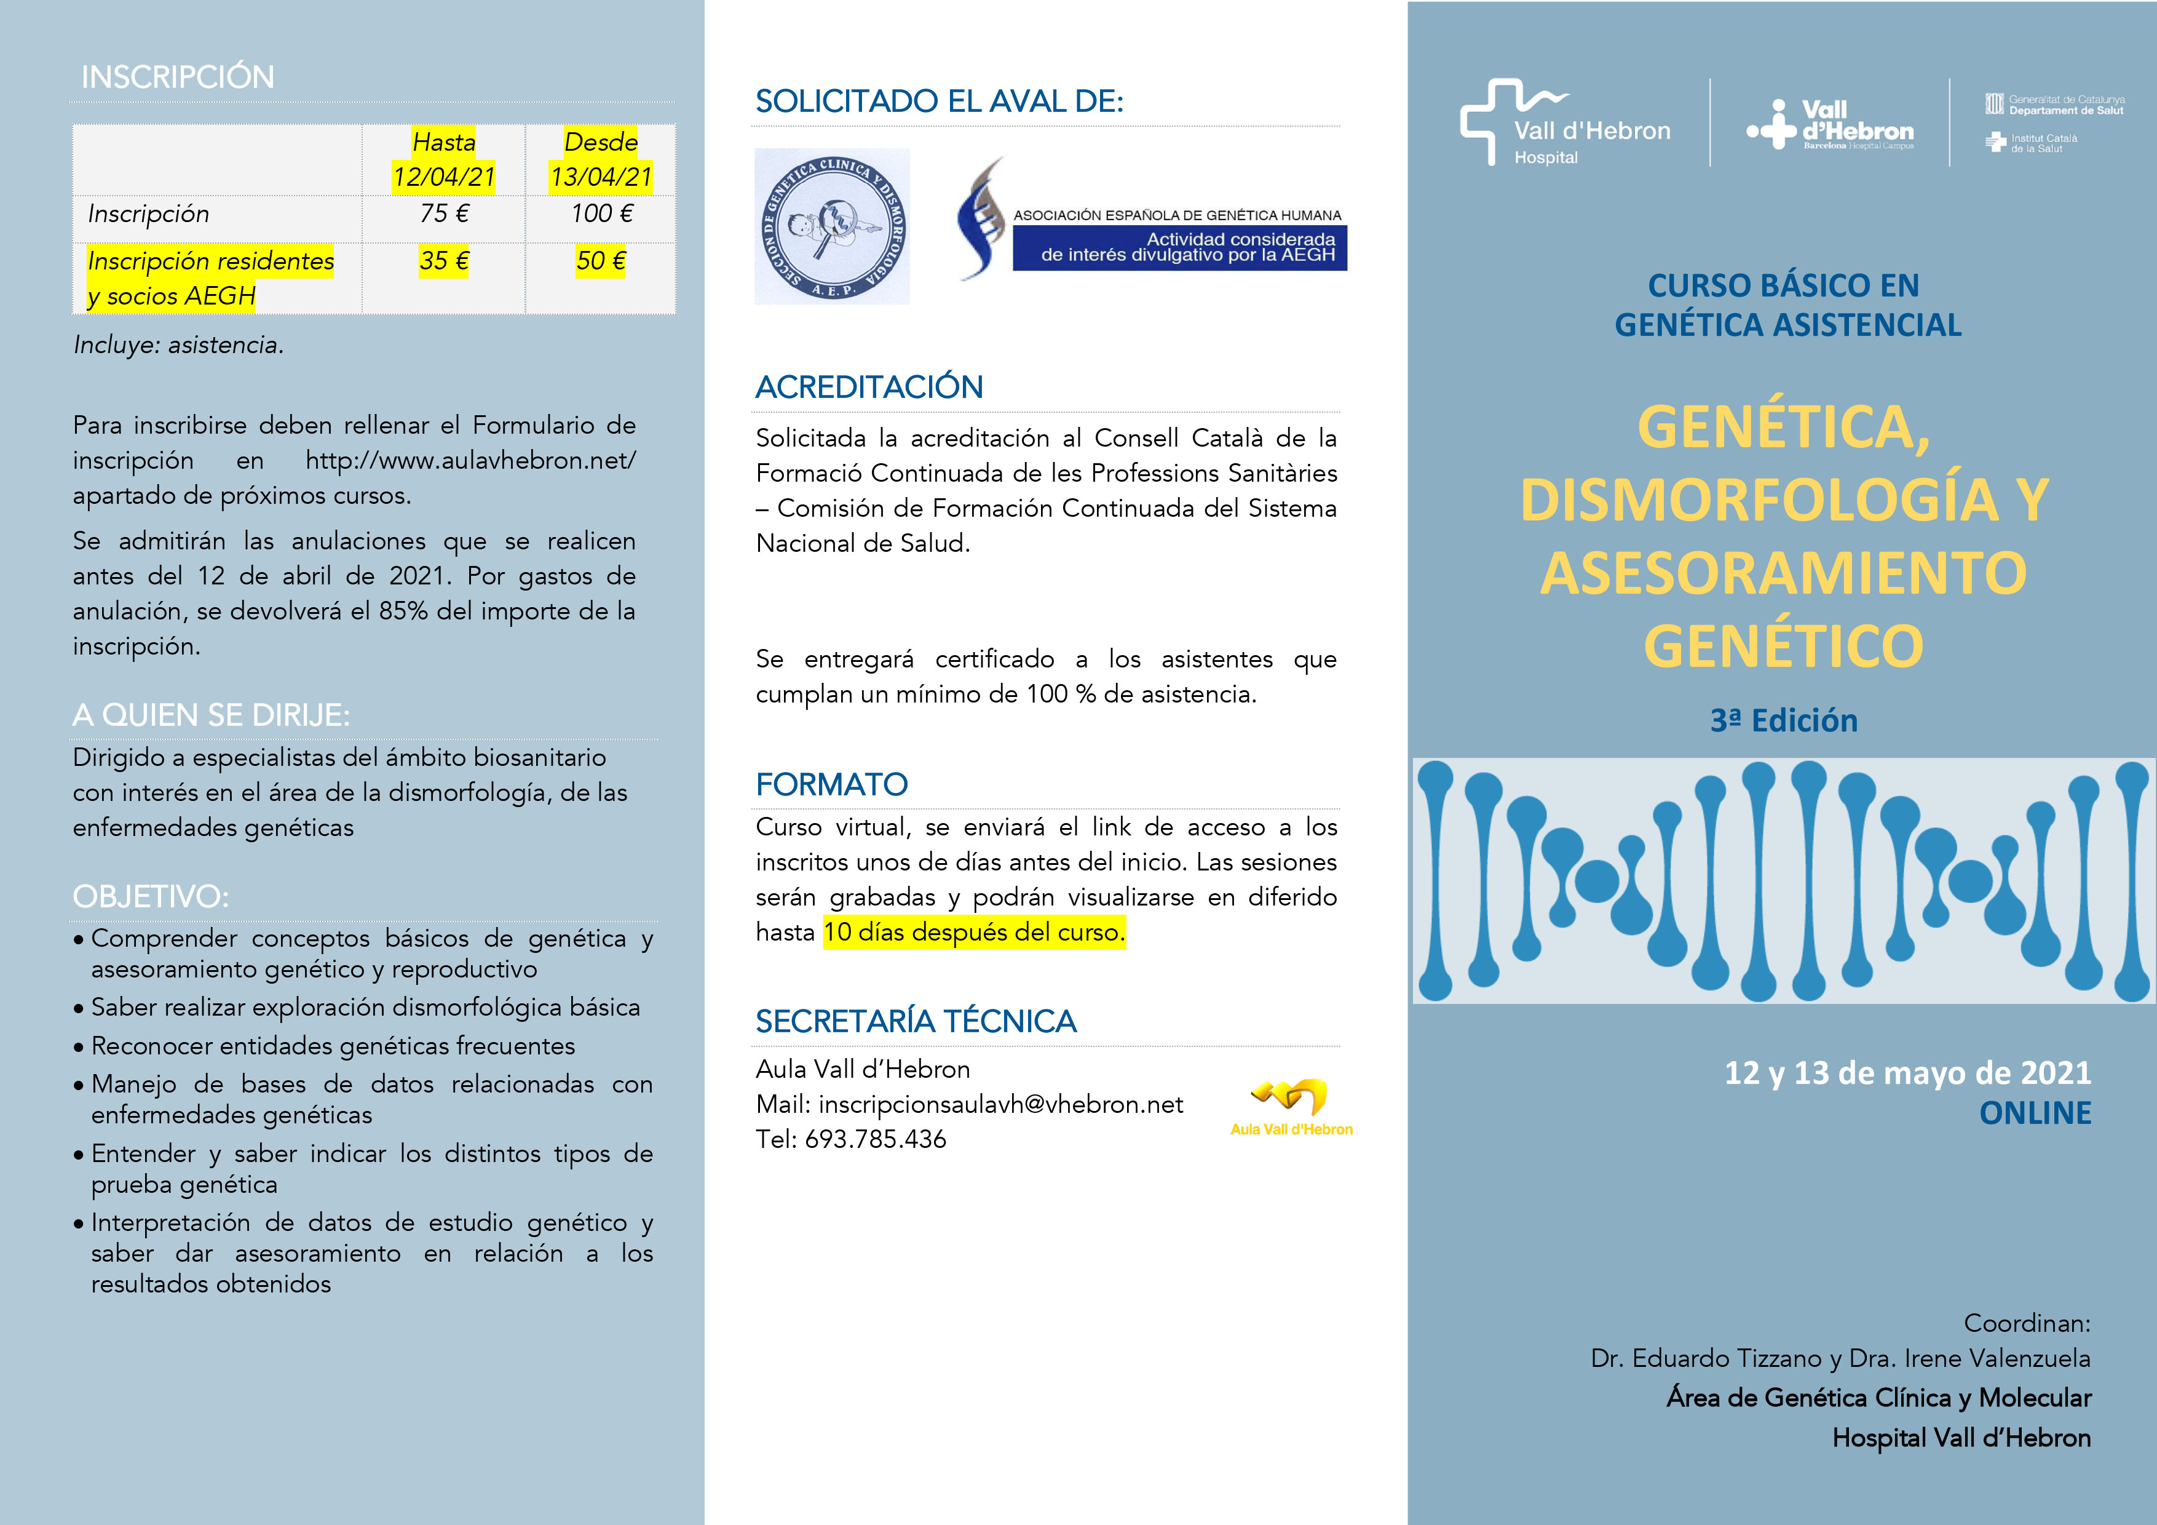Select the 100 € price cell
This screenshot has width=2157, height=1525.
coord(601,214)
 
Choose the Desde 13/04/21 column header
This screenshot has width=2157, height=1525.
coord(601,159)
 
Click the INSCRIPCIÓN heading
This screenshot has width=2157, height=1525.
coord(178,77)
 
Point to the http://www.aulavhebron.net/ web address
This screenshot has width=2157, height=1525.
coord(470,460)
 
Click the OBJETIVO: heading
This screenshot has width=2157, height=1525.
coord(150,896)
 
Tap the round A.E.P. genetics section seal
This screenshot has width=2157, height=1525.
coord(831,226)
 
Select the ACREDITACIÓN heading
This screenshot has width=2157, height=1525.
coord(869,387)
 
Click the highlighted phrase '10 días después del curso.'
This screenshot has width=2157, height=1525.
coord(974,932)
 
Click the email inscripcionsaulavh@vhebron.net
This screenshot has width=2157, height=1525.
coord(1000,1104)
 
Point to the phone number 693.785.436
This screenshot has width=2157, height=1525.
coord(876,1139)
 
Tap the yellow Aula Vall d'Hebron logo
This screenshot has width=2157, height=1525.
coord(1291,1107)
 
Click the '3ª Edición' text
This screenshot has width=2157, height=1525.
coord(1783,721)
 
